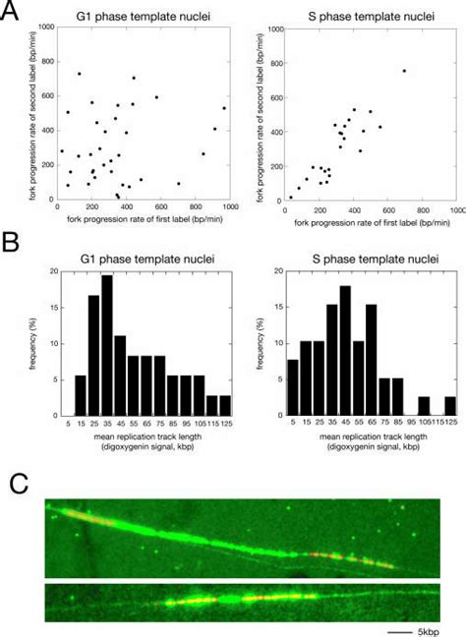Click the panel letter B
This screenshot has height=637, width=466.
pos(11,241)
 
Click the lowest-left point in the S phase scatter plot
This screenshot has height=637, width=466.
pos(290,197)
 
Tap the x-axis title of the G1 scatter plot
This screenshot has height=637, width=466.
pos(143,217)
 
